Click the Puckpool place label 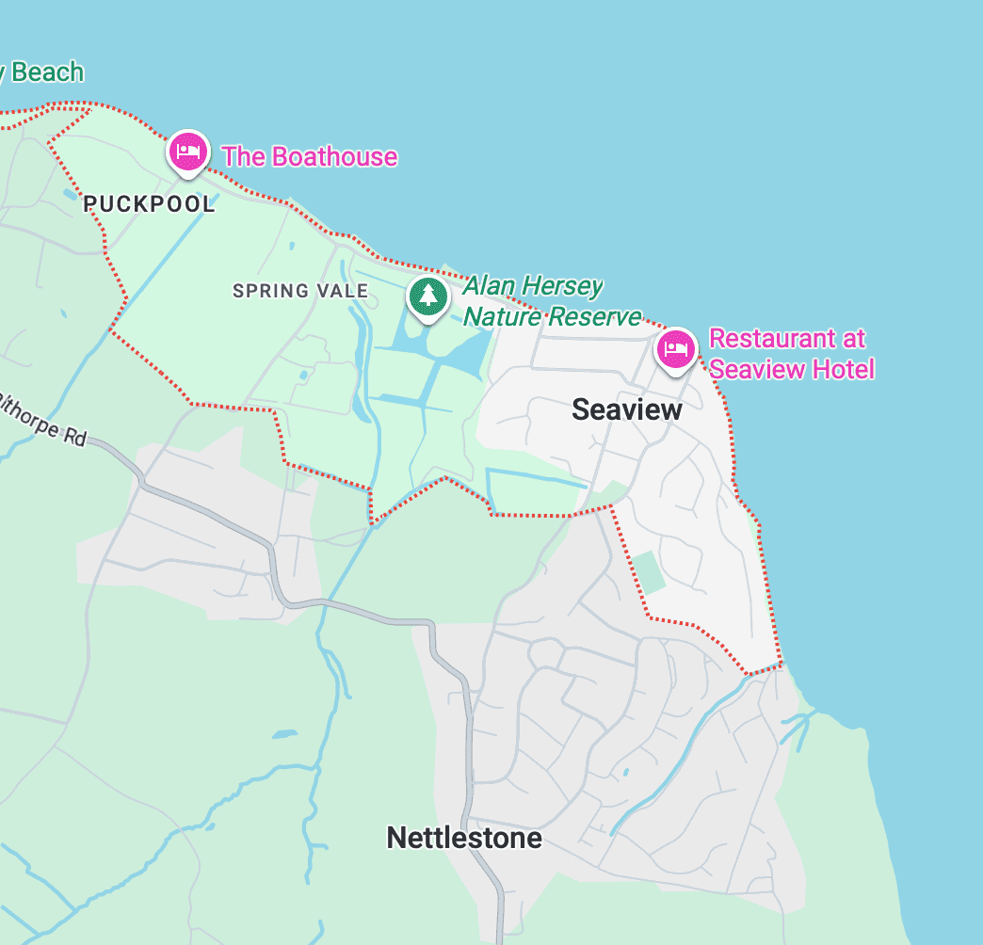click(x=149, y=204)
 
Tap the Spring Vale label click(x=300, y=291)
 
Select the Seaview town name click(x=627, y=409)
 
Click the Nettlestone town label click(x=464, y=838)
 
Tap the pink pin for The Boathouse click(x=188, y=152)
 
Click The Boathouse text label click(x=309, y=156)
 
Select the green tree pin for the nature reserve click(x=428, y=296)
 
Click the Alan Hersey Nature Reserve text click(x=552, y=301)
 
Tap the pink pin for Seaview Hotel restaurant click(x=676, y=350)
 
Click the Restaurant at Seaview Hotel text click(x=791, y=353)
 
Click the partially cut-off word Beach click(x=45, y=72)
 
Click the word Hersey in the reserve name click(x=560, y=286)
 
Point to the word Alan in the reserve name click(x=488, y=286)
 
